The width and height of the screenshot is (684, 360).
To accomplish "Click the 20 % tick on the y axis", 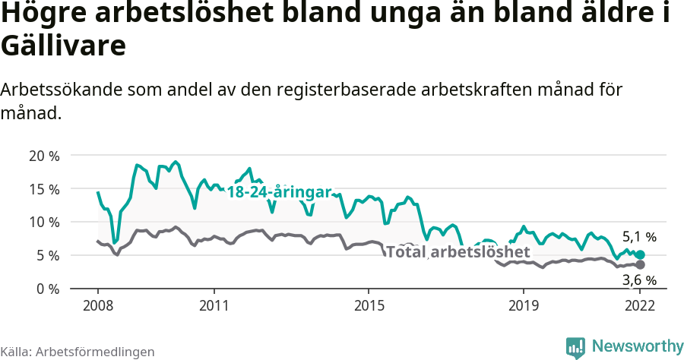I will click(44, 156).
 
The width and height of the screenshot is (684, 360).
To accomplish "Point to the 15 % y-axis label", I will click(44, 189).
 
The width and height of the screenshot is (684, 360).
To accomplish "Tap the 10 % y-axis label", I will click(44, 223).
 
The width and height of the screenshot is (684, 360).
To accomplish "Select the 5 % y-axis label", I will click(47, 256).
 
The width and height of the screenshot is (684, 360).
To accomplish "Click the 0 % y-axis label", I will click(47, 289).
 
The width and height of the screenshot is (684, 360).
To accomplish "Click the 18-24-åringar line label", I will click(279, 192).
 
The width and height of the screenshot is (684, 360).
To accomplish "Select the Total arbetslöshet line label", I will click(457, 251).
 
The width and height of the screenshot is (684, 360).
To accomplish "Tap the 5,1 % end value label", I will click(639, 237).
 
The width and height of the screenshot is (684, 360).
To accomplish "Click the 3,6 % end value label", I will click(639, 280).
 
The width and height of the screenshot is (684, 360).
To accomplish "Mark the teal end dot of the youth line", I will click(640, 255).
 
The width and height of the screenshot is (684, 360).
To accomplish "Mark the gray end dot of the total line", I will click(640, 264).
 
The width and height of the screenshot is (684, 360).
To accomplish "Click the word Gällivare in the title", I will click(63, 46).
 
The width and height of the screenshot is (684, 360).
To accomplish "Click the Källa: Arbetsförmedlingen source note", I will click(78, 352).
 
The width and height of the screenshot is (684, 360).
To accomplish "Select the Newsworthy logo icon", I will click(575, 347).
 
